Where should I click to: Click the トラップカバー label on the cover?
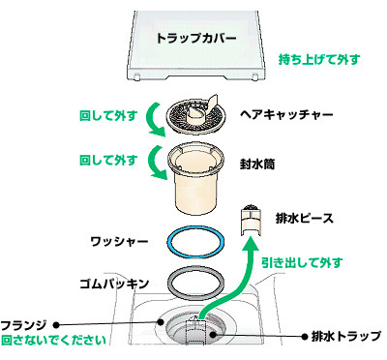(x=196, y=38)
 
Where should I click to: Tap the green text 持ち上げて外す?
(x=319, y=59)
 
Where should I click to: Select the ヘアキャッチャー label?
(x=286, y=114)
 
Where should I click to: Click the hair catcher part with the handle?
(x=195, y=115)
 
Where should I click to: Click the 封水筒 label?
(x=257, y=165)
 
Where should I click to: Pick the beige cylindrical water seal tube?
(x=195, y=178)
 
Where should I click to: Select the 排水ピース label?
(x=305, y=219)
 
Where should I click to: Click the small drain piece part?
(x=252, y=221)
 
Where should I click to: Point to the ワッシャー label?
(x=119, y=241)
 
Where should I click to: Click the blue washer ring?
(x=195, y=229)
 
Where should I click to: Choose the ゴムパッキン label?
(x=114, y=284)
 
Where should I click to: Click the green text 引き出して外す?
(x=302, y=263)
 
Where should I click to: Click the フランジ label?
(x=24, y=325)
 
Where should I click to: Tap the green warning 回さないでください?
(x=54, y=340)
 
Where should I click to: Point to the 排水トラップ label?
(x=346, y=337)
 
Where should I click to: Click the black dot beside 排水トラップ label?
(x=305, y=337)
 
